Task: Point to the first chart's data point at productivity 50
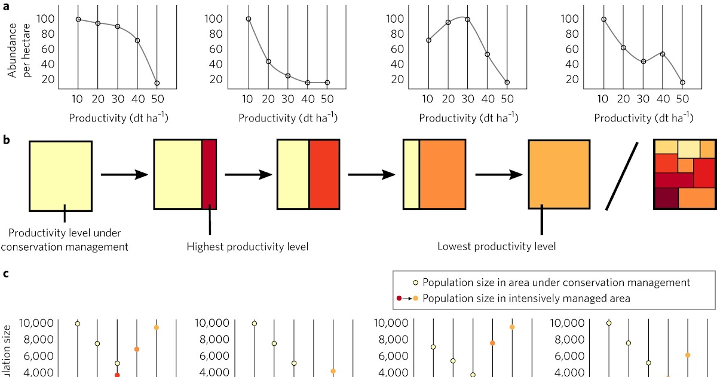(157, 83)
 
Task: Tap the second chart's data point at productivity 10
(249, 19)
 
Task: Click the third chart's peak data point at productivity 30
(468, 19)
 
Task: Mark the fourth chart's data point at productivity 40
(663, 54)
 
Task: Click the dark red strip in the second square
(209, 175)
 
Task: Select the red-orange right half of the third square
(324, 175)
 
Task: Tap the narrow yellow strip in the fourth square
(411, 175)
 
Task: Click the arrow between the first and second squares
(124, 175)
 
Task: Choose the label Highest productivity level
(247, 246)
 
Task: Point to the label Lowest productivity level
(497, 246)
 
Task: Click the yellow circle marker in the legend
(415, 283)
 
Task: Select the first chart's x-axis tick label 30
(117, 99)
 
